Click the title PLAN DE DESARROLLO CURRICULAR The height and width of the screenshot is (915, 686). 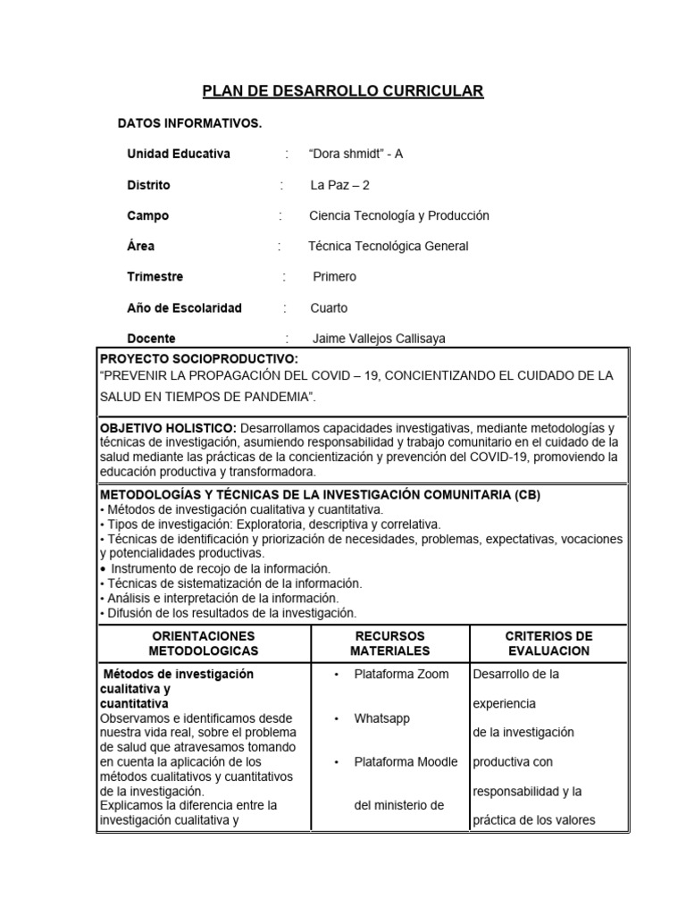tap(343, 90)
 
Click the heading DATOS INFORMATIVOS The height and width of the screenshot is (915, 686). tap(189, 122)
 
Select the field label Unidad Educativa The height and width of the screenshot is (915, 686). tap(179, 154)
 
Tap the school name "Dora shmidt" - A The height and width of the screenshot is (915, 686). tap(356, 154)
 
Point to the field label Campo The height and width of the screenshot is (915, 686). tap(147, 215)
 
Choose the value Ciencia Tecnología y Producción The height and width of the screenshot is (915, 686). tap(398, 215)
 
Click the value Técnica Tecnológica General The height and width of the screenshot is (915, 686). tap(388, 246)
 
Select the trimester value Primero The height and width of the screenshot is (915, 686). tap(334, 276)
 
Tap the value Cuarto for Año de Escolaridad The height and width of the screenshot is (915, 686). tap(329, 307)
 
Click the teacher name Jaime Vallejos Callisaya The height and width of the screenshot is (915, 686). tap(379, 339)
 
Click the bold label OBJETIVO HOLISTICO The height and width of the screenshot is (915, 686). tap(168, 429)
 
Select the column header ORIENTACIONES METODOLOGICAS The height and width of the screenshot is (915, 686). tap(204, 643)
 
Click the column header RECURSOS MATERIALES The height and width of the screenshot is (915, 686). tap(389, 643)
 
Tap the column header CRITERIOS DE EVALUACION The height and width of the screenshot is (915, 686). tap(548, 643)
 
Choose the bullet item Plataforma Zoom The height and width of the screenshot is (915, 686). tap(401, 674)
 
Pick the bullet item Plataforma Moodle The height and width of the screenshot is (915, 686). tap(406, 761)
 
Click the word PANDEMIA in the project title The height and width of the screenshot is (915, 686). tap(277, 395)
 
